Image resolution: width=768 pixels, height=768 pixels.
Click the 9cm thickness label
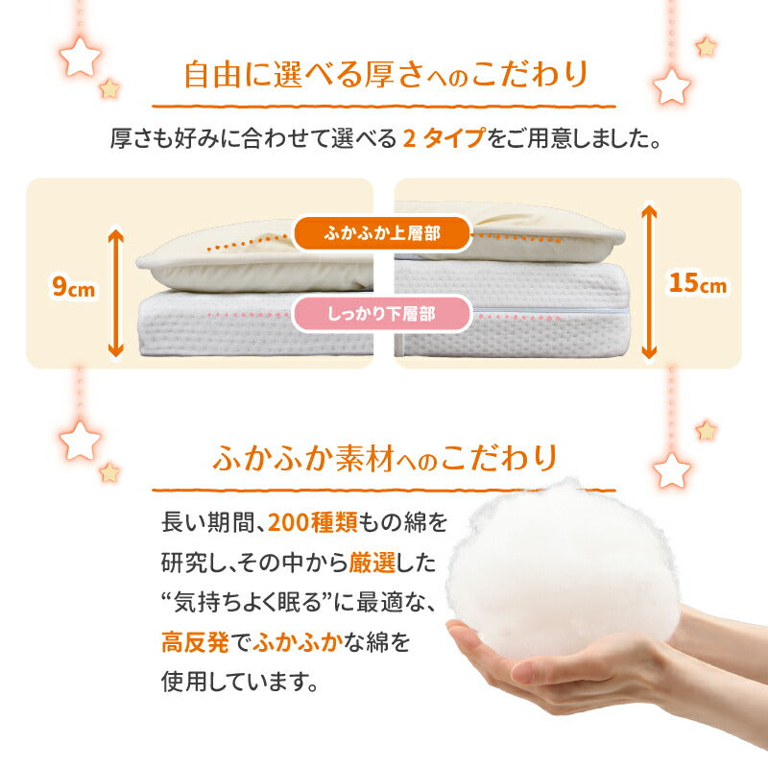(74, 287)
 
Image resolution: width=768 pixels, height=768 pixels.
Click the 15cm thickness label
(698, 283)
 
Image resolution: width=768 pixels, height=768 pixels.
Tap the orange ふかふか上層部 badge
(382, 233)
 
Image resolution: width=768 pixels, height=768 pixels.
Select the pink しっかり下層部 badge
(381, 314)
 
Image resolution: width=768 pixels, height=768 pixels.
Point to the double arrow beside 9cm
(116, 293)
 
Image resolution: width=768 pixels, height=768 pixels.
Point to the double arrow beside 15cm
(649, 281)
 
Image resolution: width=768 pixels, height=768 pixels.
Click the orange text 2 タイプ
(444, 138)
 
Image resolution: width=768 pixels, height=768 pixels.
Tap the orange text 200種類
(313, 522)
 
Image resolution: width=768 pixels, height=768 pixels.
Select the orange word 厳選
(372, 563)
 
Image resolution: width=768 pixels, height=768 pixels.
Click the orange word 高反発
(195, 641)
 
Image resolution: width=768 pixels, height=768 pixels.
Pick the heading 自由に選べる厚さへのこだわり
(386, 75)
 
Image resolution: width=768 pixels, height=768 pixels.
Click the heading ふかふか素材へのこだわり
(386, 459)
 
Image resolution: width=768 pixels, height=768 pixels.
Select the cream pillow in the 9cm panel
(254, 259)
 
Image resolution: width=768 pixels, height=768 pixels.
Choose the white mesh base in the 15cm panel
(511, 308)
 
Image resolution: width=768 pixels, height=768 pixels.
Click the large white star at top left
(80, 57)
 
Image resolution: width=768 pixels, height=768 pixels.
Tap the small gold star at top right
(707, 47)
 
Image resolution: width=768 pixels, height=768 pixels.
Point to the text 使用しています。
(240, 682)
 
